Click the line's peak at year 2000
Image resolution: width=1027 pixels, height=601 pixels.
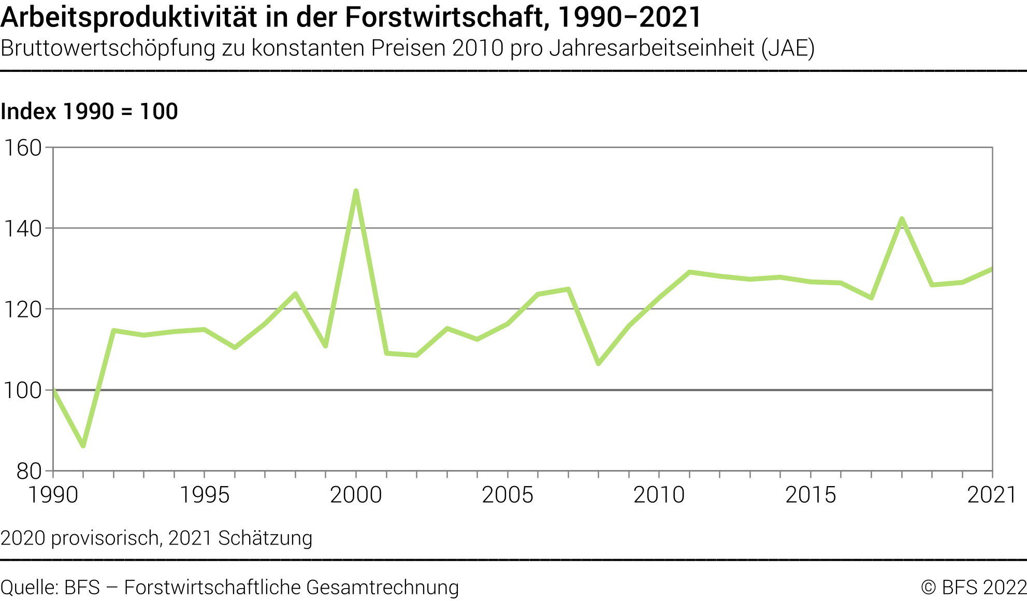(356, 191)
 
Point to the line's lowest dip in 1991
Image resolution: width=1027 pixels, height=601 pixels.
(83, 445)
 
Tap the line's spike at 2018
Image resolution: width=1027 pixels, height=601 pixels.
(902, 219)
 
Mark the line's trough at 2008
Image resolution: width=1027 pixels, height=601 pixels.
(599, 364)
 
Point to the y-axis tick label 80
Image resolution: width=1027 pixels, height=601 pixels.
(29, 471)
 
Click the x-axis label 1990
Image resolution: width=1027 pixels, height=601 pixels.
(53, 495)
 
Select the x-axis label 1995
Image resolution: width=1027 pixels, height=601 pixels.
(204, 495)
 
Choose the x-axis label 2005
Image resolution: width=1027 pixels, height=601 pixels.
(508, 495)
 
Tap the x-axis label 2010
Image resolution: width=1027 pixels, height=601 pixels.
(659, 495)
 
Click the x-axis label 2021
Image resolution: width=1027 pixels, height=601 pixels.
(991, 495)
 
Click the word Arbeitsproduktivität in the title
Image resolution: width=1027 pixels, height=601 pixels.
(128, 18)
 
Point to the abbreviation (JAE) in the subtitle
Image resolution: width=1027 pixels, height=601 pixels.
(788, 48)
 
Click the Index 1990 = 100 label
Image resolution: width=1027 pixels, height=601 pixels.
(89, 111)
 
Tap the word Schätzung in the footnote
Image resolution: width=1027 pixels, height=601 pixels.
(265, 538)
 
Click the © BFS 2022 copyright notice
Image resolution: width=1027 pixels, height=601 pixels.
(973, 588)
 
